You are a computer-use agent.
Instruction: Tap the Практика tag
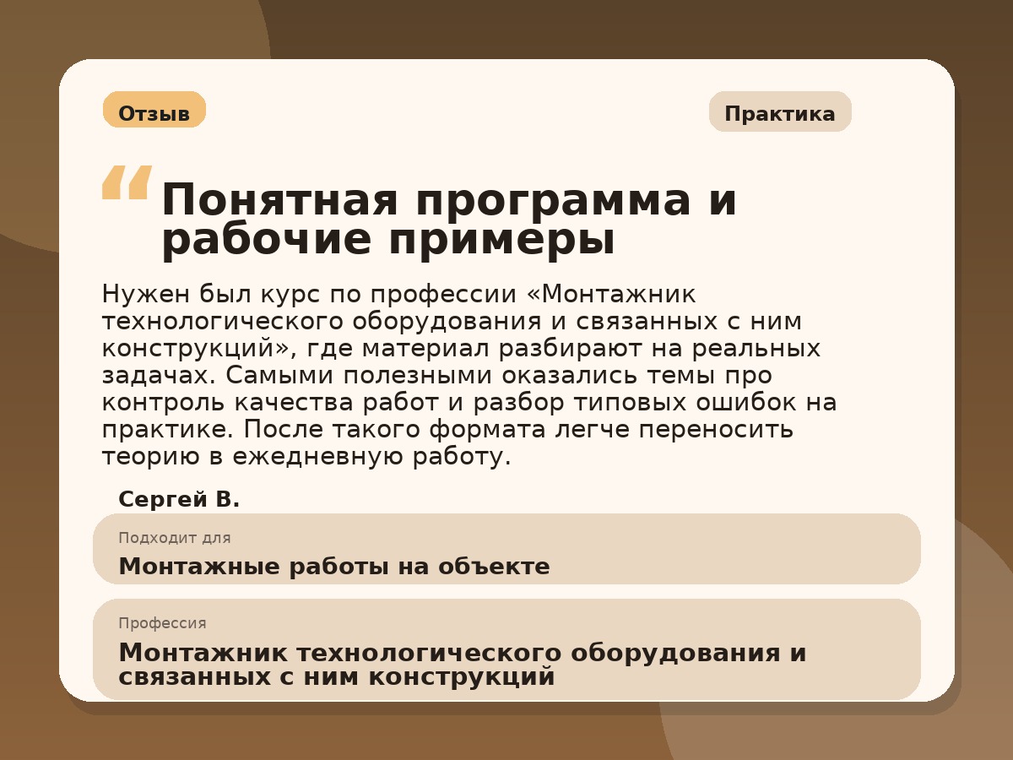(x=780, y=112)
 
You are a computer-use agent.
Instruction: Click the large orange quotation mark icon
(x=127, y=182)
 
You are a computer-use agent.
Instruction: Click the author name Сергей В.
(x=179, y=500)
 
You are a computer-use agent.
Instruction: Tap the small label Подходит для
(x=174, y=538)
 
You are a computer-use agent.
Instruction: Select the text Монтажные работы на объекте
(x=333, y=567)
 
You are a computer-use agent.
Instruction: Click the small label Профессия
(x=162, y=623)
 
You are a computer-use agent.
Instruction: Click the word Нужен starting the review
(x=145, y=295)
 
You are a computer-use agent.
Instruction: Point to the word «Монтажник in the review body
(x=610, y=295)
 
